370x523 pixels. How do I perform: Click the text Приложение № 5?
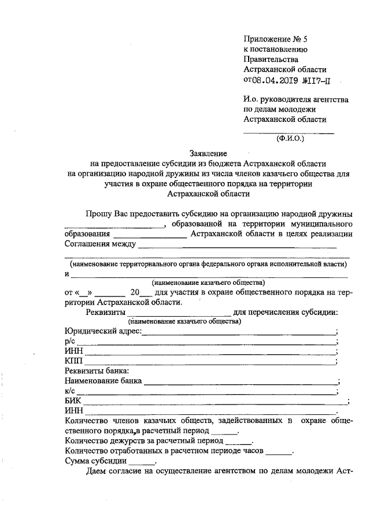(276, 39)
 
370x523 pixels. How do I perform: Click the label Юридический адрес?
(103, 331)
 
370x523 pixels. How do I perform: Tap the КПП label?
(75, 361)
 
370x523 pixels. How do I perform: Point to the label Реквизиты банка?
(97, 371)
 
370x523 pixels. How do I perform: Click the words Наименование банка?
(104, 381)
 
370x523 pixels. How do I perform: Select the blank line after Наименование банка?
(240, 383)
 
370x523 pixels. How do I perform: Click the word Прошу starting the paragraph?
(98, 213)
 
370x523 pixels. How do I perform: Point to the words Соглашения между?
(99, 243)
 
